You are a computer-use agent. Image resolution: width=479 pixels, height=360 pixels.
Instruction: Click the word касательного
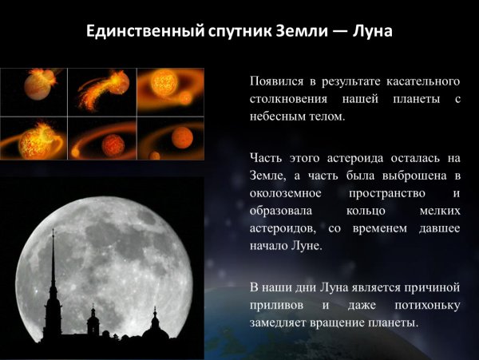pyautogui.click(x=420, y=81)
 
